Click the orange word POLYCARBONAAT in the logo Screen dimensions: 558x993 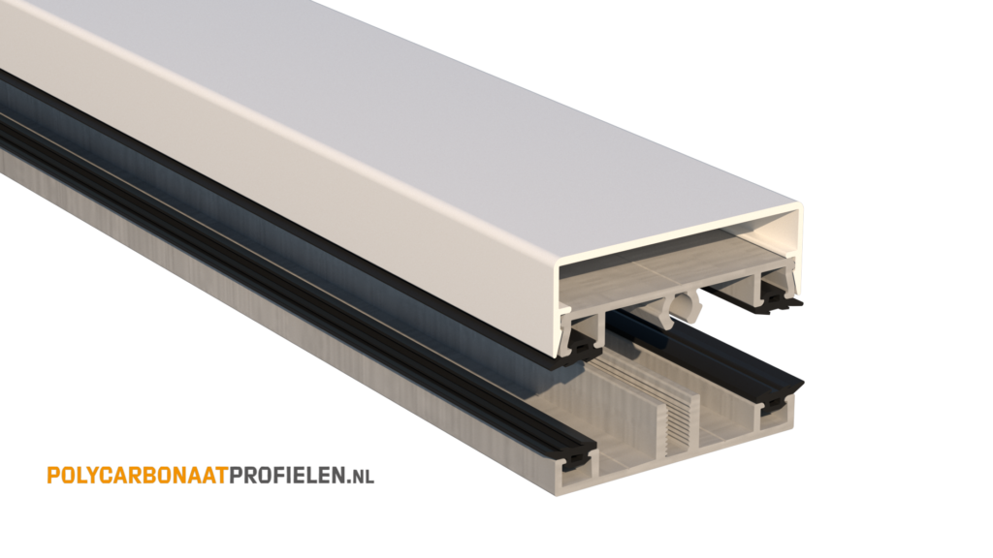[135, 475]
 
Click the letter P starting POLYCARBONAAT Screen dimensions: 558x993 [51, 475]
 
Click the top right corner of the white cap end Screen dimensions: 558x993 [799, 207]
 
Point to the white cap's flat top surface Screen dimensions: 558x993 [436, 87]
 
